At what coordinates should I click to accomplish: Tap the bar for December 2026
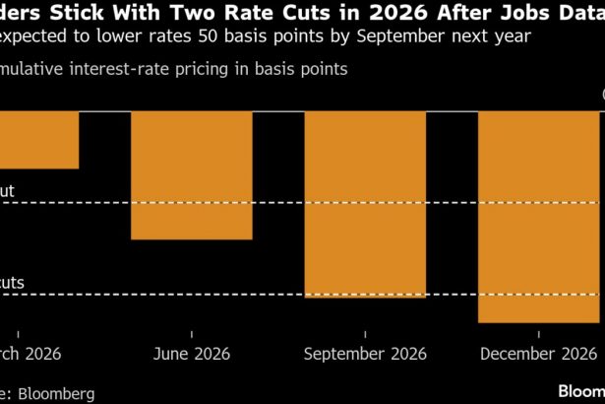click(538, 216)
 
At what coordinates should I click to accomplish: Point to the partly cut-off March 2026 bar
click(39, 139)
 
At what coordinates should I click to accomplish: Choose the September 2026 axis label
click(364, 354)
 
